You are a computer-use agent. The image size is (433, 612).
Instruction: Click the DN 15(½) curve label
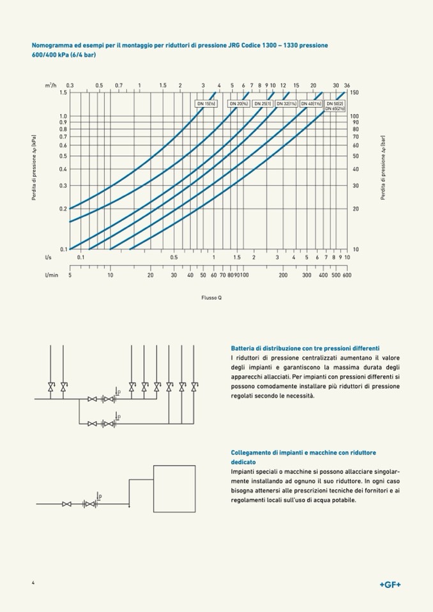pyautogui.click(x=205, y=103)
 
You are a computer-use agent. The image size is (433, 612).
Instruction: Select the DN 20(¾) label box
pyautogui.click(x=238, y=103)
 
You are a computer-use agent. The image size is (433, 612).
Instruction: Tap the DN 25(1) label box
pyautogui.click(x=262, y=103)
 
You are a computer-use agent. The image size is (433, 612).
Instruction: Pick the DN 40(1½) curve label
pyautogui.click(x=311, y=103)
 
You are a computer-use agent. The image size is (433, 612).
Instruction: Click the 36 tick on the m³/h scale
pyautogui.click(x=347, y=86)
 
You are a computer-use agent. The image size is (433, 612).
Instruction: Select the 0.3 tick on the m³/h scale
pyautogui.click(x=70, y=86)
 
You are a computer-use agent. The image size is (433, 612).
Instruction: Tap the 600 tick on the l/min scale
pyautogui.click(x=347, y=274)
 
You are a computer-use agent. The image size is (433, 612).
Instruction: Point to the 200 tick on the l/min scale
pyautogui.click(x=283, y=274)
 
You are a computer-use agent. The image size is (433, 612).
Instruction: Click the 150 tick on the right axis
pyautogui.click(x=354, y=93)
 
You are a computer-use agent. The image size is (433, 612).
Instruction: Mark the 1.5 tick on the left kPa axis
pyautogui.click(x=63, y=93)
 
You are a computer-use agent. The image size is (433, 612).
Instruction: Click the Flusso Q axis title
pyautogui.click(x=211, y=298)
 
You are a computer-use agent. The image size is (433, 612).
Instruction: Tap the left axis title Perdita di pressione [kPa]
pyautogui.click(x=34, y=168)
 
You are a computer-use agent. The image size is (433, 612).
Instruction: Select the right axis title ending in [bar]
pyautogui.click(x=383, y=168)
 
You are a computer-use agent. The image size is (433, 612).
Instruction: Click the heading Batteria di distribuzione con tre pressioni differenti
pyautogui.click(x=305, y=348)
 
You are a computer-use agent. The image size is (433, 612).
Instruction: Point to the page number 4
pyautogui.click(x=33, y=583)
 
